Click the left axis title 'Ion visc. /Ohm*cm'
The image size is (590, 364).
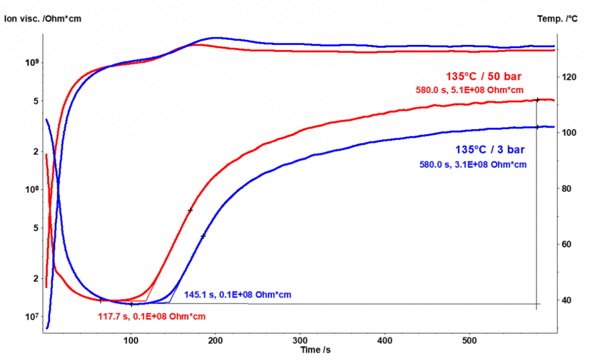click(43, 18)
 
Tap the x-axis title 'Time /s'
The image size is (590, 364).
click(315, 350)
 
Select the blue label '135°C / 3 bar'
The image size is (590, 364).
click(490, 150)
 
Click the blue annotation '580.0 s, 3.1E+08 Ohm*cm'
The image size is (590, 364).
click(473, 164)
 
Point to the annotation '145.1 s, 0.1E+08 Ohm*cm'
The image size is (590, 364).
click(237, 295)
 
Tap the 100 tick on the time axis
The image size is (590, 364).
click(131, 340)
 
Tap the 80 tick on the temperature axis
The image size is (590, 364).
click(568, 188)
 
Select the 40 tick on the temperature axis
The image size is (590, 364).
click(568, 300)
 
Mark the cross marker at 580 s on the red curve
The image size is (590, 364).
click(537, 100)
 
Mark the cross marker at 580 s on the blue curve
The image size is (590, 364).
click(537, 127)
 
